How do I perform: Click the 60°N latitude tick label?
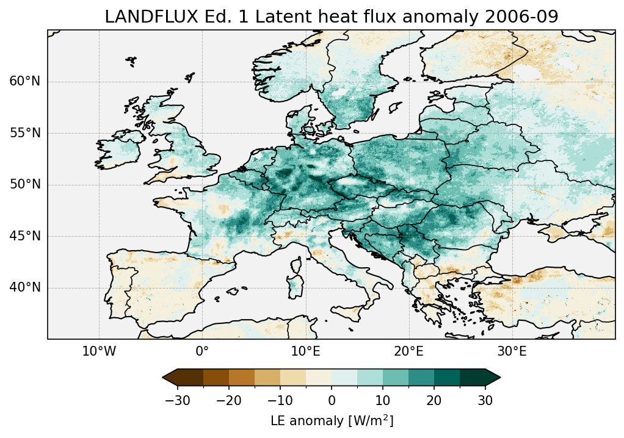tap(25, 82)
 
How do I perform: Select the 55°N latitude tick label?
tap(25, 133)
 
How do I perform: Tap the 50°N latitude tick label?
tap(25, 185)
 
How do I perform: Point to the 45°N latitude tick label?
tap(25, 236)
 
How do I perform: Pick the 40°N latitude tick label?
tap(25, 287)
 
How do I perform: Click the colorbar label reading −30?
tap(178, 400)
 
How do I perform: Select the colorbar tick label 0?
tap(332, 400)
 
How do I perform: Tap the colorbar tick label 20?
tap(434, 400)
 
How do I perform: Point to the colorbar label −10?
tap(280, 400)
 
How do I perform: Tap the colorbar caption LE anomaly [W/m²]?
tap(332, 421)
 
